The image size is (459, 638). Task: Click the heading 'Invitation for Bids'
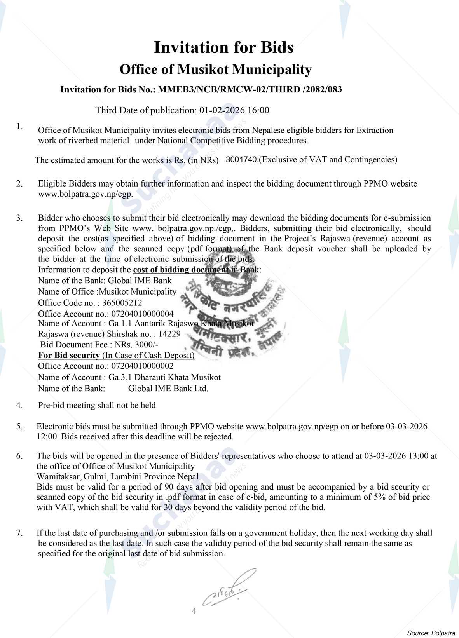pyautogui.click(x=223, y=47)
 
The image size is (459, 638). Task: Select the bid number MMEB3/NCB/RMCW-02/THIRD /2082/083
pyautogui.click(x=249, y=90)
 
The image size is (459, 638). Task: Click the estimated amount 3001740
pyautogui.click(x=242, y=160)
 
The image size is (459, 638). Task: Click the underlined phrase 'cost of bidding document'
pyautogui.click(x=181, y=270)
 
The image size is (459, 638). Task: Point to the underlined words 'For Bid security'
pyautogui.click(x=69, y=355)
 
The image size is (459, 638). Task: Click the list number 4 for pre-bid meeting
pyautogui.click(x=19, y=405)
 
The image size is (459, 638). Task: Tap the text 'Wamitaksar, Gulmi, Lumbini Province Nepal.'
pyautogui.click(x=119, y=476)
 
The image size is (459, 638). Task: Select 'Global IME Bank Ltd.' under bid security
pyautogui.click(x=168, y=388)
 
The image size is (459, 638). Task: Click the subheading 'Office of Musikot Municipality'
pyautogui.click(x=215, y=70)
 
